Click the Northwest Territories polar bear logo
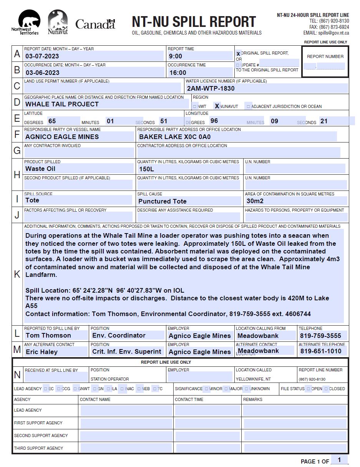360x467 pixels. (29, 22)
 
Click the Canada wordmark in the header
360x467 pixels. (95, 24)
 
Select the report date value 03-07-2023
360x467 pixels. (42, 56)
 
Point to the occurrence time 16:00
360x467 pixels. (178, 73)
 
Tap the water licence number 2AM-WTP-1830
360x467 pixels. (211, 88)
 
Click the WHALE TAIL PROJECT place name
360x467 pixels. (62, 104)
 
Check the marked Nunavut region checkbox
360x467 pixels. (217, 106)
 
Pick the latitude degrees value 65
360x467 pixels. (52, 121)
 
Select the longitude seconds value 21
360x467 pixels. (324, 121)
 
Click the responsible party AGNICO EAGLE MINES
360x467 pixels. (62, 137)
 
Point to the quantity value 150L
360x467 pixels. (146, 169)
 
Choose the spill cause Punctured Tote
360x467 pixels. (162, 201)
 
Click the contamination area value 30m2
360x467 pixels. (255, 201)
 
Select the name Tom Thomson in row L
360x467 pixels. (48, 336)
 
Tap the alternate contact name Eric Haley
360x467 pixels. (41, 352)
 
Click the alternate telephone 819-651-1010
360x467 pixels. (320, 351)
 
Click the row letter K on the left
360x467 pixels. (17, 274)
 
